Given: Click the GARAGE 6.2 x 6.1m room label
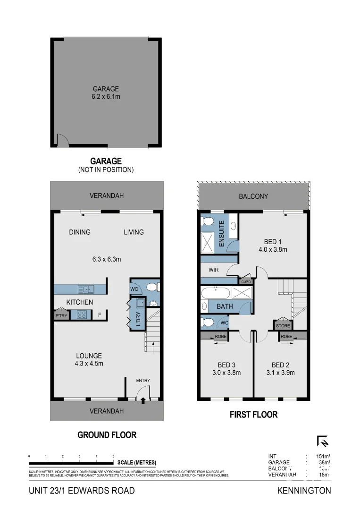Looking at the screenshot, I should click(x=106, y=93).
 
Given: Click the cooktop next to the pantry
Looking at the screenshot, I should click(x=80, y=315).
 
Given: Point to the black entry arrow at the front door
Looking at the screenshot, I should click(x=143, y=400).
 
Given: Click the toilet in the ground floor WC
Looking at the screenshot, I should click(x=152, y=287).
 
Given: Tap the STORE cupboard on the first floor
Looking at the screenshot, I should click(x=283, y=325).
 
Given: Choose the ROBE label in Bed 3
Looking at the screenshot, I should click(x=221, y=337).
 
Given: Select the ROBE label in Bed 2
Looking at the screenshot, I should click(x=286, y=337).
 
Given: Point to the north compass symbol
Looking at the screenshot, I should click(x=323, y=442).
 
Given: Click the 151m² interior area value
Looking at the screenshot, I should click(x=323, y=456).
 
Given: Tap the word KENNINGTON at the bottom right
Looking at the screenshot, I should click(x=304, y=491).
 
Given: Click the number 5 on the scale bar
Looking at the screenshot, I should click(x=113, y=456).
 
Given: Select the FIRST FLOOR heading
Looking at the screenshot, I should click(x=253, y=415).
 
